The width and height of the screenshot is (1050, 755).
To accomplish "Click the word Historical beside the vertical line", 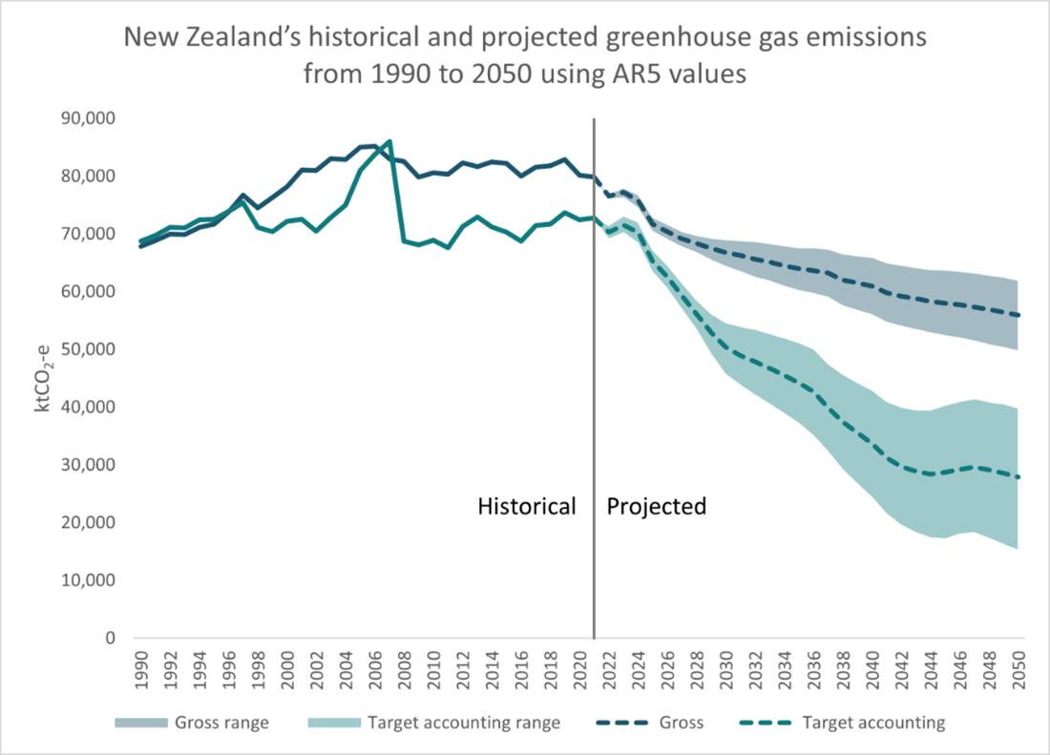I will [x=527, y=507].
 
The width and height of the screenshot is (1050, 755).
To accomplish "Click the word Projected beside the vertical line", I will [x=657, y=507].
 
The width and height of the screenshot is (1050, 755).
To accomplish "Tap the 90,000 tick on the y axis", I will [x=88, y=118].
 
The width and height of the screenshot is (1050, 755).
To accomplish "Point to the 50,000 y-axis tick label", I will [x=88, y=349].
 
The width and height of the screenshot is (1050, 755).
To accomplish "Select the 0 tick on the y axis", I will [x=111, y=639].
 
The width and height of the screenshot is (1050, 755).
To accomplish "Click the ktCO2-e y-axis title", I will [x=43, y=377].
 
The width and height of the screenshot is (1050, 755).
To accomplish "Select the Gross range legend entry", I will [x=192, y=723].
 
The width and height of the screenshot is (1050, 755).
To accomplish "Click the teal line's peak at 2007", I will [x=388, y=141].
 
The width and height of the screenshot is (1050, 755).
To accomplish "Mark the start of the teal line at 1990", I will [x=141, y=241].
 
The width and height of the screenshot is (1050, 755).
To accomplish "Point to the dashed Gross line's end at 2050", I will [x=1019, y=315].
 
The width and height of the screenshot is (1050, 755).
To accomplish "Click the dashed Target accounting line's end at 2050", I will [x=1019, y=477].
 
